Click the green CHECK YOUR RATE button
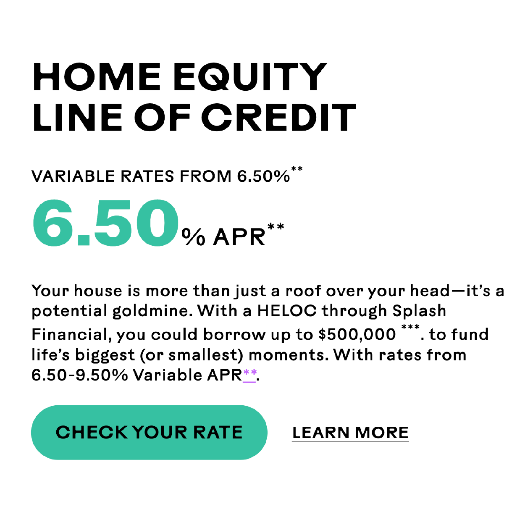149,432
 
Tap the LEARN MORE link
350,433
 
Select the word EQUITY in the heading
250,77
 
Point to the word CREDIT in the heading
279,117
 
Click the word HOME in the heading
97,77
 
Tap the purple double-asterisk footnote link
250,374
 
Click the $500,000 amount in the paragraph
357,334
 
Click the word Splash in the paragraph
419,311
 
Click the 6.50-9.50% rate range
80,375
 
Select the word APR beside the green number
239,237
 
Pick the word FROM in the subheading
206,176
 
